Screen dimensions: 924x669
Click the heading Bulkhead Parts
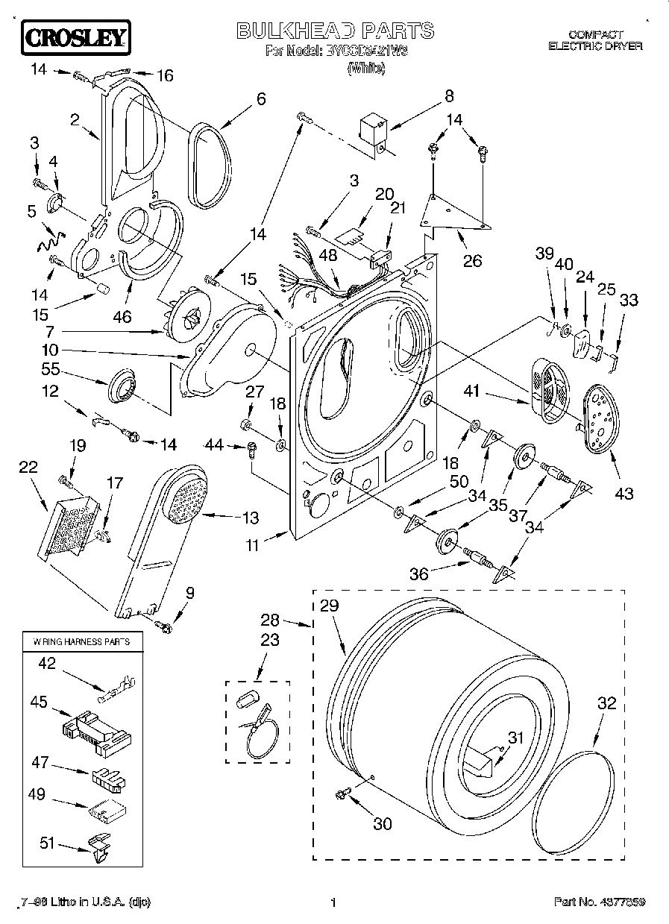[335, 31]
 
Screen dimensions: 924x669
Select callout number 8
[448, 95]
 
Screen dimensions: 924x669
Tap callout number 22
[28, 466]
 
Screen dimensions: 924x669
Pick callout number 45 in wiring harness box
[40, 702]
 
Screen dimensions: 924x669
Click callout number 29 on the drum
[329, 606]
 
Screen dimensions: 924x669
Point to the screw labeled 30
[344, 793]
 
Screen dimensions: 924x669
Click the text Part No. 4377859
[599, 902]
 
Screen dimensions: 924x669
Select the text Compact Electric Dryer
[595, 40]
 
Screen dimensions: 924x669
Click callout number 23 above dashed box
[270, 640]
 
